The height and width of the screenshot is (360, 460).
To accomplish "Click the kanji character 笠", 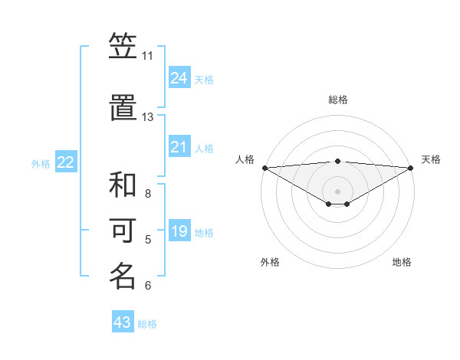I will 123,47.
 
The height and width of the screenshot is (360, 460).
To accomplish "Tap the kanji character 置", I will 123,107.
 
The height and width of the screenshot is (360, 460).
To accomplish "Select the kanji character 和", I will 123,185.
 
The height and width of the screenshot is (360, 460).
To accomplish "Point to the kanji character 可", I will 123,231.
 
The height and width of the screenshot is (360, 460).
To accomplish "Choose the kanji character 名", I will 123,276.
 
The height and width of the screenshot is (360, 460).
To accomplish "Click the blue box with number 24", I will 179,78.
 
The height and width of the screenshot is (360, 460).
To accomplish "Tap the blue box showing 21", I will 179,147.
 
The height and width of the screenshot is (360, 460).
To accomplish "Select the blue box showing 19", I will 179,231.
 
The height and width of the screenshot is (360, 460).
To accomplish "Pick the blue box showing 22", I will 66,162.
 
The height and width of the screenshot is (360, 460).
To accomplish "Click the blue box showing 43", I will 123,322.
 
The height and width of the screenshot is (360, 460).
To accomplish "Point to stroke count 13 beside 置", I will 147,117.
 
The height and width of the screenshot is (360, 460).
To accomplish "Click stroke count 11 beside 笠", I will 147,56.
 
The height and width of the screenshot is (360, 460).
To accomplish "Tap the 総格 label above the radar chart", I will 338,100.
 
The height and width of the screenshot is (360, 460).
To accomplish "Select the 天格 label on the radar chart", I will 431,159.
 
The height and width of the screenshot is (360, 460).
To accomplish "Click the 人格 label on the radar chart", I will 245,159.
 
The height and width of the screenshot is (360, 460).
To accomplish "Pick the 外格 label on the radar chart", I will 270,262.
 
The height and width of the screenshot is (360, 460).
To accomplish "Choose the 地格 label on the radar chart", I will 402,262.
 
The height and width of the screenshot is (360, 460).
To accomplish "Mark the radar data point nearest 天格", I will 411,167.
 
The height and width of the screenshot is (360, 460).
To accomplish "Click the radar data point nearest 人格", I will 264,167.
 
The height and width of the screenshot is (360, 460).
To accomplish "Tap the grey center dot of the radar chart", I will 338,191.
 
